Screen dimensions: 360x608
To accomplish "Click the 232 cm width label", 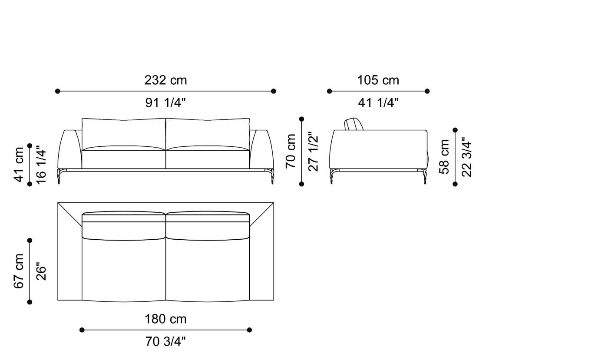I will [x=165, y=80].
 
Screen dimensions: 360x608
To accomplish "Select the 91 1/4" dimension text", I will [x=165, y=103].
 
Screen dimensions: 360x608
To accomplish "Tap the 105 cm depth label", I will [x=378, y=80].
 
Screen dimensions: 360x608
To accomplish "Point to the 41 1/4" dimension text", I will [x=378, y=103].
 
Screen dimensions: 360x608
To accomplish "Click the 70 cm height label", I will [x=291, y=151].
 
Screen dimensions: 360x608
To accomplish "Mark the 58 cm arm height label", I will [x=444, y=157].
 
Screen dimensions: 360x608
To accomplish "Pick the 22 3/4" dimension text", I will [x=467, y=157].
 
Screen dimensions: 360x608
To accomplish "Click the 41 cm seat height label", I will [x=19, y=165].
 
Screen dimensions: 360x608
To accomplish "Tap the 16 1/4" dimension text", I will [x=41, y=165].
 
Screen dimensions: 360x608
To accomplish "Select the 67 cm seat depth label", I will [x=19, y=271].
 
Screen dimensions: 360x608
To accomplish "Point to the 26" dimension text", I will [x=41, y=271].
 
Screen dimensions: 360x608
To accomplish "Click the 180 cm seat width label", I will [x=165, y=319].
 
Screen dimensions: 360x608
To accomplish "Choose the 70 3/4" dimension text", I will [x=165, y=342].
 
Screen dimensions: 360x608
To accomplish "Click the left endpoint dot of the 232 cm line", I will [x=58, y=91].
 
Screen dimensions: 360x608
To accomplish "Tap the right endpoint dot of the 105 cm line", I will [x=427, y=91].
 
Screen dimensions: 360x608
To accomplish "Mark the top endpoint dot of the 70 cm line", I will [x=301, y=119].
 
